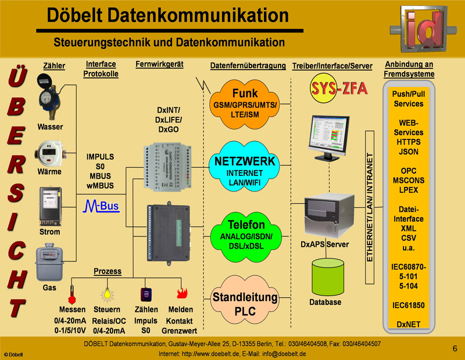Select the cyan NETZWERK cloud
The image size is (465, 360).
pos(244,164)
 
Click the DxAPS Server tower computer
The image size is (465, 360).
pos(329,215)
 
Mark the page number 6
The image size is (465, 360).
pos(455,348)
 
